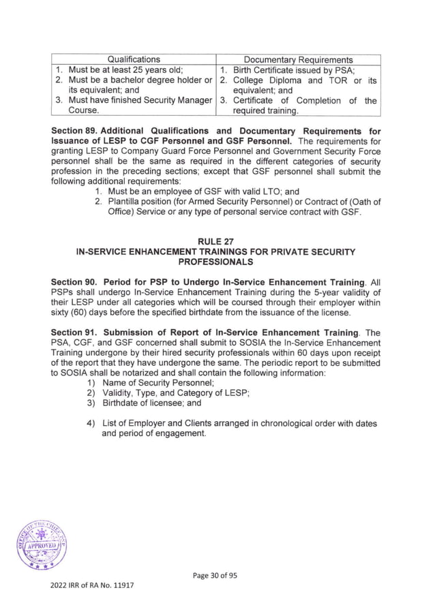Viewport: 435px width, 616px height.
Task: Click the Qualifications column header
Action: pyautogui.click(x=134, y=59)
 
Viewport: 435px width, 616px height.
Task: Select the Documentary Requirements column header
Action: pyautogui.click(x=298, y=59)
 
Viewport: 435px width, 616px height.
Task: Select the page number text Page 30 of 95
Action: pyautogui.click(x=217, y=576)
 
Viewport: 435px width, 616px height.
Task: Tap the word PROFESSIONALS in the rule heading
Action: pyautogui.click(x=217, y=262)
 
